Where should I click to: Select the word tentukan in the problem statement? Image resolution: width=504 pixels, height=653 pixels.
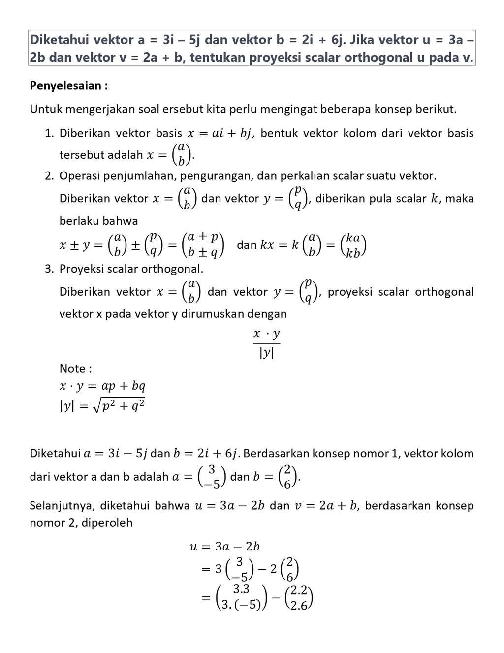[218, 58]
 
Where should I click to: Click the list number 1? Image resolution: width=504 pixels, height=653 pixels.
[48, 133]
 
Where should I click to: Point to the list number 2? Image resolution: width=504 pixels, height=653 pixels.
[48, 176]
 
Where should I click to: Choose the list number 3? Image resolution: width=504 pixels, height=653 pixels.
[48, 269]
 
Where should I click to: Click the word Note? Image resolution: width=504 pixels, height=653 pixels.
[72, 368]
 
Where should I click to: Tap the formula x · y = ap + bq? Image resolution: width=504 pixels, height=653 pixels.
[102, 386]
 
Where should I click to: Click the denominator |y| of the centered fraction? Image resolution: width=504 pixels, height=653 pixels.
[266, 353]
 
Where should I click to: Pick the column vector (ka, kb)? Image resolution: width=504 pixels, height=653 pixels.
[353, 245]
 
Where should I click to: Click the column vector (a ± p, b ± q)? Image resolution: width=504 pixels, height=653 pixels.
[203, 245]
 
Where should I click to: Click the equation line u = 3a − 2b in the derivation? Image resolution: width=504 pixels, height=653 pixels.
[225, 547]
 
